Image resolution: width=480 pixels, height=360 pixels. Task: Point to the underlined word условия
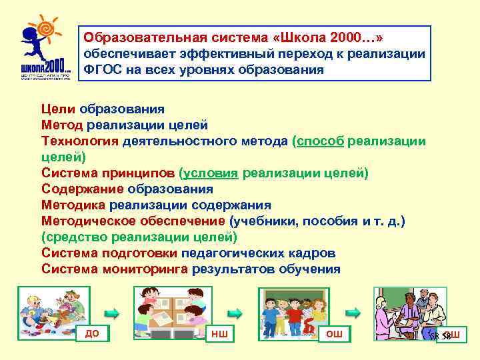pyautogui.click(x=211, y=173)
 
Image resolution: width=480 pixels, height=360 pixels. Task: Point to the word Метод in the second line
pyautogui.click(x=62, y=125)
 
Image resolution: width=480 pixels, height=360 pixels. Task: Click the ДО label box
pyautogui.click(x=92, y=333)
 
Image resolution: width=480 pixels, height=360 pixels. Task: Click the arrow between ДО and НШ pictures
pyautogui.click(x=113, y=312)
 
